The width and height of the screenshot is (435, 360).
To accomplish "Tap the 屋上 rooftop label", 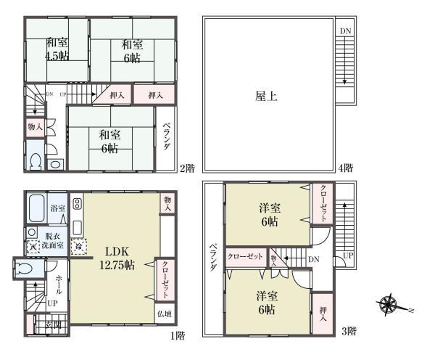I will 267,95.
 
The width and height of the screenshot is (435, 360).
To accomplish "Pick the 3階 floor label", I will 349,332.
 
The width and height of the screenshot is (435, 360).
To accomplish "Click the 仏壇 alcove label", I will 165,314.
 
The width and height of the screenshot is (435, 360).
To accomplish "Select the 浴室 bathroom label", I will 57,209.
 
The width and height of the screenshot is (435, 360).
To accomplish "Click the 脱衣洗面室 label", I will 56,241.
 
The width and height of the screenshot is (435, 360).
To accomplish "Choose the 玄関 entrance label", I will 53,324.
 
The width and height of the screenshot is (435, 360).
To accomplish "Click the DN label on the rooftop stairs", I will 345,32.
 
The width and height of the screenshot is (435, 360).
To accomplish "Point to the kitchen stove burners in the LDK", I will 78,202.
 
